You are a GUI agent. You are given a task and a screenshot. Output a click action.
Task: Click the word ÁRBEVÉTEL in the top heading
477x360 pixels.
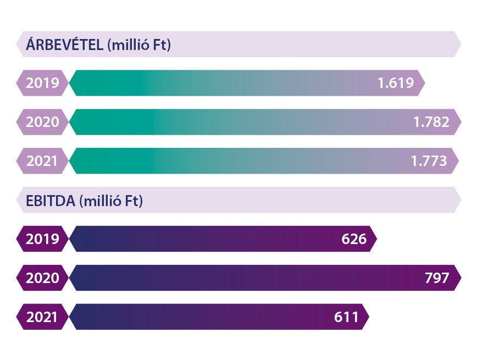click(x=64, y=45)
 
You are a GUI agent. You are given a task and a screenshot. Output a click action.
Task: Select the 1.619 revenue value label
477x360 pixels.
click(x=395, y=83)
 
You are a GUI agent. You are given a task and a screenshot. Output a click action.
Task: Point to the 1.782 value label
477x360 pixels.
click(x=431, y=122)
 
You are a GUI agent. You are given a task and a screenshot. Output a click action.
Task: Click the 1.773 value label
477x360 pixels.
click(x=429, y=161)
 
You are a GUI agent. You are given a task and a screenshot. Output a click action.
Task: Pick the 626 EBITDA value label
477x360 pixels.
click(x=353, y=239)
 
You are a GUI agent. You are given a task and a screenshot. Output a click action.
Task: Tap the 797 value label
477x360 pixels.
click(x=437, y=278)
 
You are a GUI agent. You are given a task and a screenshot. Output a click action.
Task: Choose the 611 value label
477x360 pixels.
click(x=346, y=317)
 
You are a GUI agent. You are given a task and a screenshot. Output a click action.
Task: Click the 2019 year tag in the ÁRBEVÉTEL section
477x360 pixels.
click(x=42, y=83)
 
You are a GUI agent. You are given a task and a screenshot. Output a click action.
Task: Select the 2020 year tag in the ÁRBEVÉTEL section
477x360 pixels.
click(x=42, y=122)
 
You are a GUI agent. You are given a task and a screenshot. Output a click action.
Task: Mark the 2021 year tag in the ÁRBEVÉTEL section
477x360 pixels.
click(x=42, y=161)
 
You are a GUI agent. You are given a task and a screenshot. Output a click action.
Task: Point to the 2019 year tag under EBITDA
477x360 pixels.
click(x=42, y=239)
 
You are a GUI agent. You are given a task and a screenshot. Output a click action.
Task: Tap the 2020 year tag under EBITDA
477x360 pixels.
click(x=42, y=278)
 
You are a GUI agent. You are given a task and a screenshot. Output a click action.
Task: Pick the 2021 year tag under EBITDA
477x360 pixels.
click(x=42, y=317)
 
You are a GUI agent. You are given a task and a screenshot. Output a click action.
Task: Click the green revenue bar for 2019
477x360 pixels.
click(x=220, y=83)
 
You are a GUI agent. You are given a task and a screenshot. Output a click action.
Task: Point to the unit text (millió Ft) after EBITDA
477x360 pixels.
click(x=111, y=201)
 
